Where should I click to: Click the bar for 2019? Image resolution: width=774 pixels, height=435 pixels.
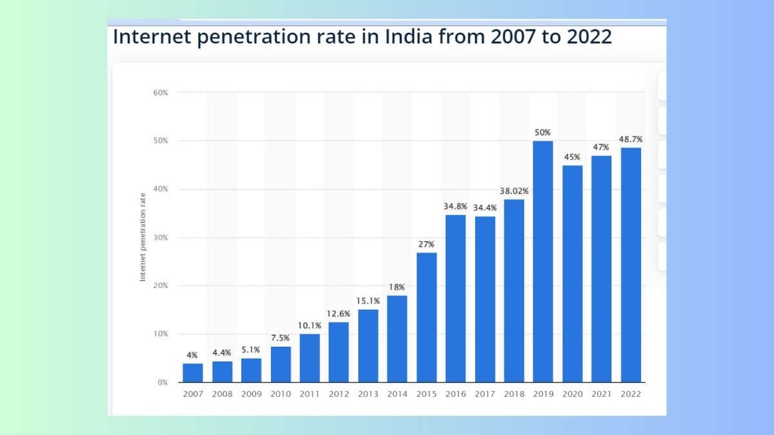click(x=542, y=261)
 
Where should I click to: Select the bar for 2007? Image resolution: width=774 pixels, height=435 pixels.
click(x=192, y=372)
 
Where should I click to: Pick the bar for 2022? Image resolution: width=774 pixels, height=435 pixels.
click(x=631, y=264)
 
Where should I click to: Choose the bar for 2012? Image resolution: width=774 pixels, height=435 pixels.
click(x=339, y=352)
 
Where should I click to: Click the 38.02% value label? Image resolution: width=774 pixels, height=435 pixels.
click(x=513, y=191)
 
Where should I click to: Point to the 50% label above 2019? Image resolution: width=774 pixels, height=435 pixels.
click(x=542, y=133)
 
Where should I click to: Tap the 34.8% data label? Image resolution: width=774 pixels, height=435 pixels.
click(x=455, y=206)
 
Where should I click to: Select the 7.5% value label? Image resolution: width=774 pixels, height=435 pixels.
click(x=281, y=338)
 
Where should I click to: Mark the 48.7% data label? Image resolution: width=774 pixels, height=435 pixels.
click(x=631, y=139)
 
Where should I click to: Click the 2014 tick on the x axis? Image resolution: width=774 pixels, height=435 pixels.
click(x=397, y=394)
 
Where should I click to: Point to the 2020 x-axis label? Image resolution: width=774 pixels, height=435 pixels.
click(x=572, y=394)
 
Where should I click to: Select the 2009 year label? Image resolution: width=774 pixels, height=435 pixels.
click(x=251, y=394)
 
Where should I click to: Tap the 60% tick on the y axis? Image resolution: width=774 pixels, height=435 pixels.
click(x=161, y=93)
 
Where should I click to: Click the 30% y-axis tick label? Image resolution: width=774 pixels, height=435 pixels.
click(x=161, y=238)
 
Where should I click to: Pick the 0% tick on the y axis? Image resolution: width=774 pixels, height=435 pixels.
click(x=163, y=383)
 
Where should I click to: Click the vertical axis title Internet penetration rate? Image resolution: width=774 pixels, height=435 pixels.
click(x=143, y=237)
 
